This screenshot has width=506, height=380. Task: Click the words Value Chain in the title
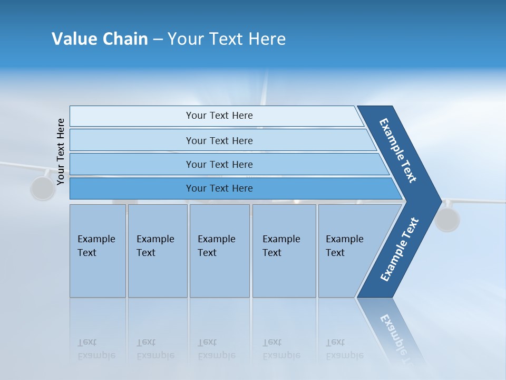pos(100,39)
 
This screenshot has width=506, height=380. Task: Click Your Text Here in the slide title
pos(227,39)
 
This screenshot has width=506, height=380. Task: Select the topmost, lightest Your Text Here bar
pos(219,116)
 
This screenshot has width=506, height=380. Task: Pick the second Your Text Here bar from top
pos(219,140)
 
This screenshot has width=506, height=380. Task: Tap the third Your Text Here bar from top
pos(219,164)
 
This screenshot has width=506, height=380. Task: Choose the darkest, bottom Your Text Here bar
pos(219,188)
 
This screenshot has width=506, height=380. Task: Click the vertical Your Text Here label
pos(61,151)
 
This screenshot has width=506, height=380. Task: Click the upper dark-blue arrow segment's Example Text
pos(398,150)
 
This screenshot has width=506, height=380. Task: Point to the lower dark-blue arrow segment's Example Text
pos(400,250)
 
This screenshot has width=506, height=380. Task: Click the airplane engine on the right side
pos(447,219)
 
